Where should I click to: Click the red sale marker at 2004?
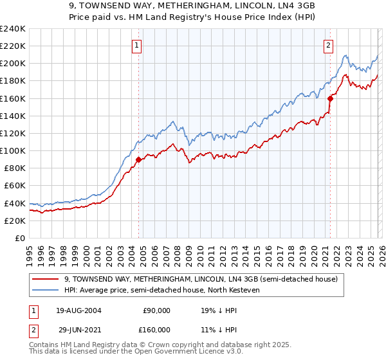[139, 159]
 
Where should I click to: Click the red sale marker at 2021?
[330, 98]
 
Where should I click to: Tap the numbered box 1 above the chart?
[138, 45]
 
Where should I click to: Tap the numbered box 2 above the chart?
[329, 45]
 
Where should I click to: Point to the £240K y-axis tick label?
[13, 29]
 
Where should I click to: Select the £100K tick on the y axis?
[13, 150]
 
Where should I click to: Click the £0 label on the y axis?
[21, 238]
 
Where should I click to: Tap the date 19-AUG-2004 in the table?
[78, 310]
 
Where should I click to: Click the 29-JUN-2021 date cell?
[78, 329]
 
